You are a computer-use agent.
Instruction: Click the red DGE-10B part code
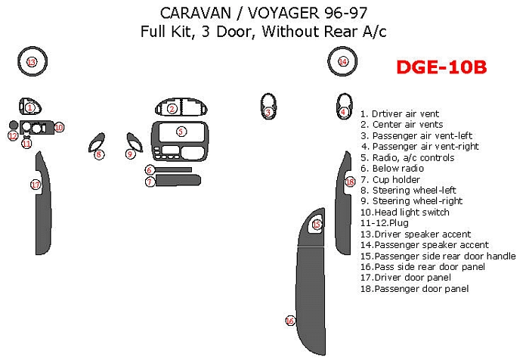point(441,67)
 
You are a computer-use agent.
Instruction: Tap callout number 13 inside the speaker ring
point(32,62)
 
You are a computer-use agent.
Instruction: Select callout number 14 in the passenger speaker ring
point(343,61)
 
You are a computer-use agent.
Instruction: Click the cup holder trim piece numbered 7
point(178,180)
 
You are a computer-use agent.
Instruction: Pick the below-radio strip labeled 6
point(173,169)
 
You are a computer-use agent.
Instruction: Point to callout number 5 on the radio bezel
point(181,132)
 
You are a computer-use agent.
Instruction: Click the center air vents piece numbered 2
point(181,107)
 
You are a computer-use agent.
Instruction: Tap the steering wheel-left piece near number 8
point(97,142)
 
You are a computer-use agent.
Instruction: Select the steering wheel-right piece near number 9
point(135,142)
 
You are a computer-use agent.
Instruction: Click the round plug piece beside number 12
point(14,125)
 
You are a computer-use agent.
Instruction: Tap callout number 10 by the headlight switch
point(59,127)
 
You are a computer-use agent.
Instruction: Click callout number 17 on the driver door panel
point(36,185)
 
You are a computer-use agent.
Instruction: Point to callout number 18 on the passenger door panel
point(350,182)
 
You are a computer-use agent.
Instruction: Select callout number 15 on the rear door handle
point(317,225)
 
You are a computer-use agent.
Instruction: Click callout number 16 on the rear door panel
point(290,321)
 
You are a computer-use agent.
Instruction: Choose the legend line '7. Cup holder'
point(391,179)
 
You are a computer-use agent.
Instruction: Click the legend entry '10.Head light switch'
point(405,212)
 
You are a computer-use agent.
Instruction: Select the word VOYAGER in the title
point(283,13)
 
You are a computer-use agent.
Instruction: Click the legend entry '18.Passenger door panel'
point(415,288)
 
